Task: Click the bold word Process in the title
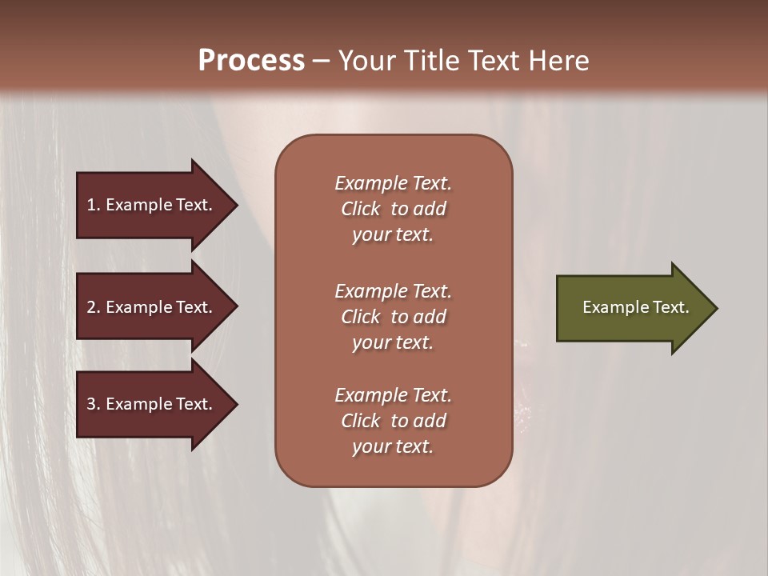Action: point(251,61)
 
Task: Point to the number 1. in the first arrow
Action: point(94,205)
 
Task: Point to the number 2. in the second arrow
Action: point(94,307)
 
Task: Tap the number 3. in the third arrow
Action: point(94,404)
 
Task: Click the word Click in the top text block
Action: point(361,209)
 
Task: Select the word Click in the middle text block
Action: point(361,317)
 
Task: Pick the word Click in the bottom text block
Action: point(361,421)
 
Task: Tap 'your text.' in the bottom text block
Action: point(393,446)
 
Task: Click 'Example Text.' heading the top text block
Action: point(393,183)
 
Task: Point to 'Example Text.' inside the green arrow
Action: point(636,307)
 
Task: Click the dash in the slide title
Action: point(321,62)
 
